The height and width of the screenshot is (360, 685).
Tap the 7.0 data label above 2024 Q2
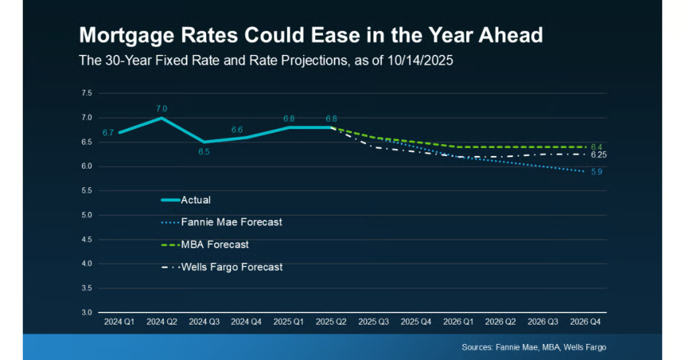pos(161,108)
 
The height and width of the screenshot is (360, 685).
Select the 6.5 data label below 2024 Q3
pos(204,152)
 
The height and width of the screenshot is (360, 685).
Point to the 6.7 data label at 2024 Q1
pos(108,132)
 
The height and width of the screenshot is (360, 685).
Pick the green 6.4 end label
pos(597,147)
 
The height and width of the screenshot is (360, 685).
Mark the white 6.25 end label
pos(599,155)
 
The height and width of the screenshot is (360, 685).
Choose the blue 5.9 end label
pos(597,172)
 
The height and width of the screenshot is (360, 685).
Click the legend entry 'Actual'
pos(195,199)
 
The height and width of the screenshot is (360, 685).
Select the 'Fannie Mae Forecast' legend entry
pos(230,221)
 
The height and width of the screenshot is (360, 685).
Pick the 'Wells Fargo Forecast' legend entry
pos(230,267)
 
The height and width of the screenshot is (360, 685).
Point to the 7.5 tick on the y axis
pos(87,93)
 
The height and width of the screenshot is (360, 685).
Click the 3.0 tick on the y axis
pos(87,312)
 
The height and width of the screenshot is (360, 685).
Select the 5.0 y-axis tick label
pos(87,215)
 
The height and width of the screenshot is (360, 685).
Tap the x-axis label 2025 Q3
pos(374,322)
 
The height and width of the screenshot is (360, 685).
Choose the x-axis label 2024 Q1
pos(118,322)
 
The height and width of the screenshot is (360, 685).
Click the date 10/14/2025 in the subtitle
pos(423,60)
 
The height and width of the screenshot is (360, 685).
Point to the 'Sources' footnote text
pos(533,347)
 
